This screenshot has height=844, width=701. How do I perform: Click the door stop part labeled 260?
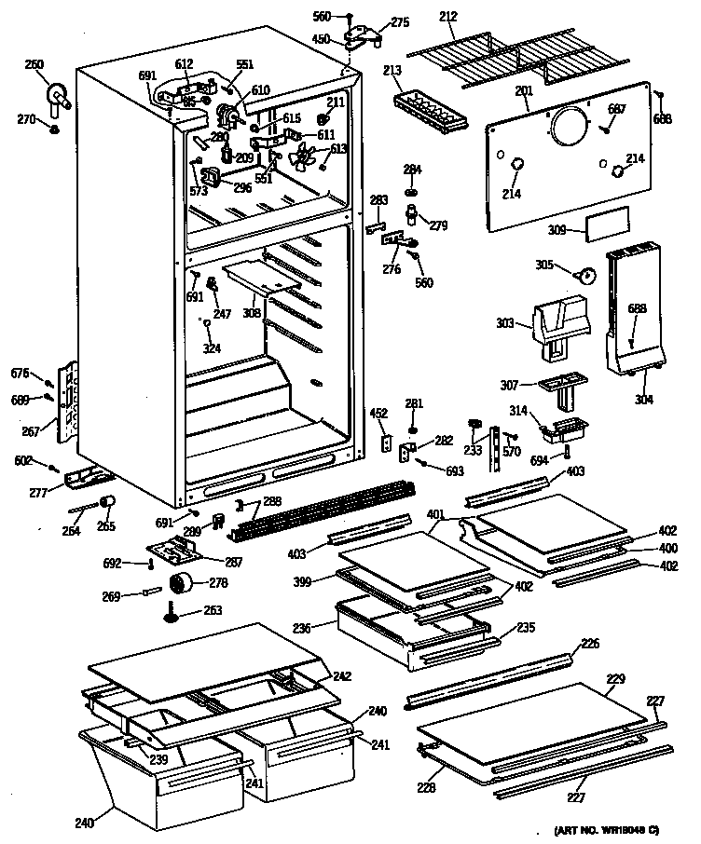point(59,97)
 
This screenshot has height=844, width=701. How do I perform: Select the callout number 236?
point(313,630)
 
